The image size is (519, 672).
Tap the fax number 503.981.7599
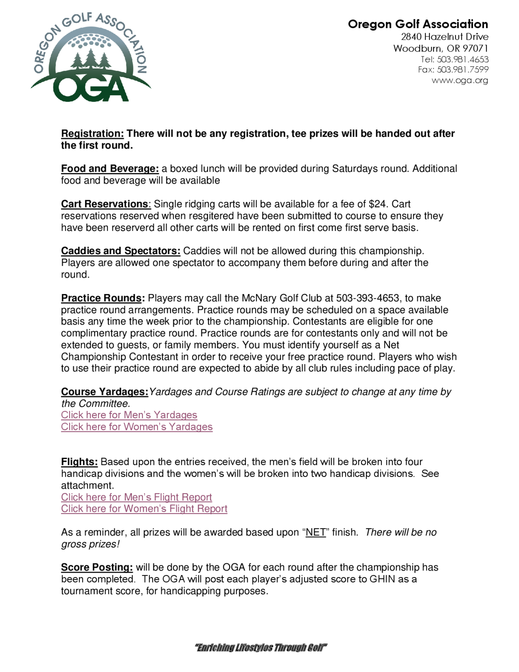point(462,70)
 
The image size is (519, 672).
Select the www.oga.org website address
point(460,80)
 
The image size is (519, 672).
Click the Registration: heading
point(92,134)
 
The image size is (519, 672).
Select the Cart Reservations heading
point(105,204)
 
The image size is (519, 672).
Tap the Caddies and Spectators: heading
point(120,251)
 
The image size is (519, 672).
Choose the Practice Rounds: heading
point(103,298)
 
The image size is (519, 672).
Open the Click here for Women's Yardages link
point(136,427)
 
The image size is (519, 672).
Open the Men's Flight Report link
point(136,497)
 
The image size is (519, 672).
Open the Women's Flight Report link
point(144,509)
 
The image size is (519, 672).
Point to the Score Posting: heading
point(97,567)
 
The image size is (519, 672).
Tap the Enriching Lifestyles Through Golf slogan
point(261,648)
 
